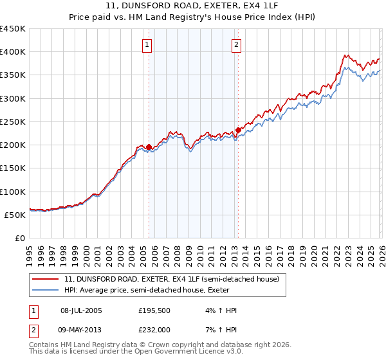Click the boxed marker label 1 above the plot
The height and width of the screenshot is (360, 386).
tap(148, 45)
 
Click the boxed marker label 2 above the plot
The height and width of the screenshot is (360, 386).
tap(237, 45)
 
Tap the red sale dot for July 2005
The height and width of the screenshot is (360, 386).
tap(149, 147)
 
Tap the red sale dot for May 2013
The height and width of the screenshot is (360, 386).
tap(237, 130)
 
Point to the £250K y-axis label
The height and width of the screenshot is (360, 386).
tap(13, 122)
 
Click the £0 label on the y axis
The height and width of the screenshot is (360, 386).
tap(21, 238)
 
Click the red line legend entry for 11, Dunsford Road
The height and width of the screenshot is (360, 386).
tap(171, 280)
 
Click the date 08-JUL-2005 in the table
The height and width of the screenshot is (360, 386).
tap(85, 310)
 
